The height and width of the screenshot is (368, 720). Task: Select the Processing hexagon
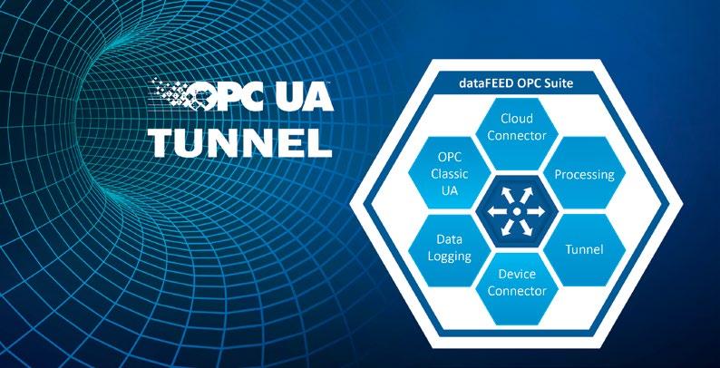[x=584, y=173]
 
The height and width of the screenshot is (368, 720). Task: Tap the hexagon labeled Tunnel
[x=584, y=248]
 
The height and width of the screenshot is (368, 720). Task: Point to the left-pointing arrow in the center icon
[x=494, y=211]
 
